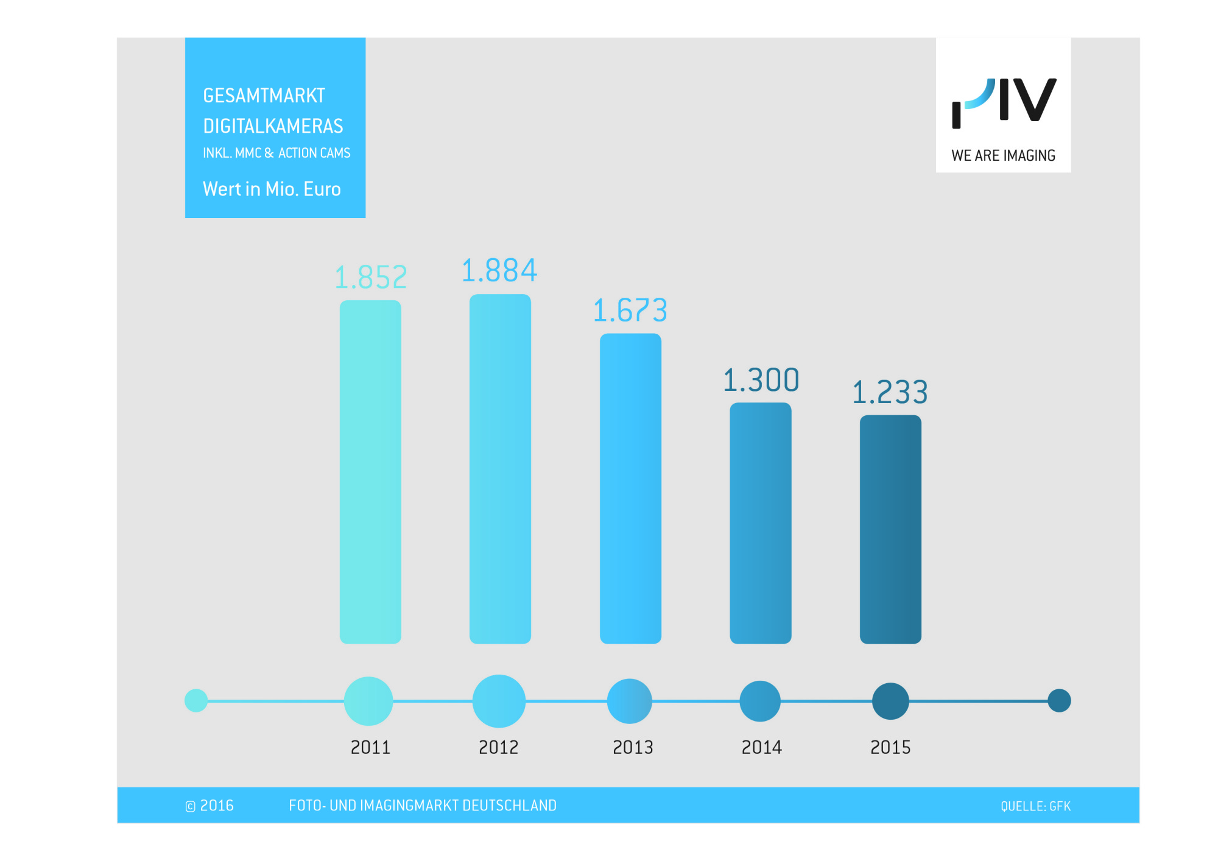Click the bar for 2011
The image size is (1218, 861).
point(370,472)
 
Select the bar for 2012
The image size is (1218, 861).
point(500,469)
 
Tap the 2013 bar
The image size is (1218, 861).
point(630,488)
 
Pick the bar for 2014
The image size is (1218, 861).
point(761,523)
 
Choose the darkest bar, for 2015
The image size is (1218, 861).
point(890,529)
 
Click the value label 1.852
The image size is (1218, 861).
point(371,278)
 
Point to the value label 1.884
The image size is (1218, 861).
point(499,271)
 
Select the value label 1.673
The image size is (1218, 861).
point(630,311)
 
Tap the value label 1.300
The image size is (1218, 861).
point(761,381)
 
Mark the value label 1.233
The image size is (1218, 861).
point(890,392)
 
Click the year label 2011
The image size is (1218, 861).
point(370,747)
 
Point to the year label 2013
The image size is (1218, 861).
point(633,747)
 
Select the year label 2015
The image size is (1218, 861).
point(890,747)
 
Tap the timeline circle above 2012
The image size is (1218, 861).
point(499,701)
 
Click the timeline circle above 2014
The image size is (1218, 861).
point(760,701)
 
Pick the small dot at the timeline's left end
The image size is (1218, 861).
point(196,700)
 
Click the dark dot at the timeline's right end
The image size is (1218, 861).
point(1059,700)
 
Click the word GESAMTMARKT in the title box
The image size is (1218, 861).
point(264,96)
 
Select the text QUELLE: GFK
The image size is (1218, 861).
point(1035,806)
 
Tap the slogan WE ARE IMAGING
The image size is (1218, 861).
point(1003,156)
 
